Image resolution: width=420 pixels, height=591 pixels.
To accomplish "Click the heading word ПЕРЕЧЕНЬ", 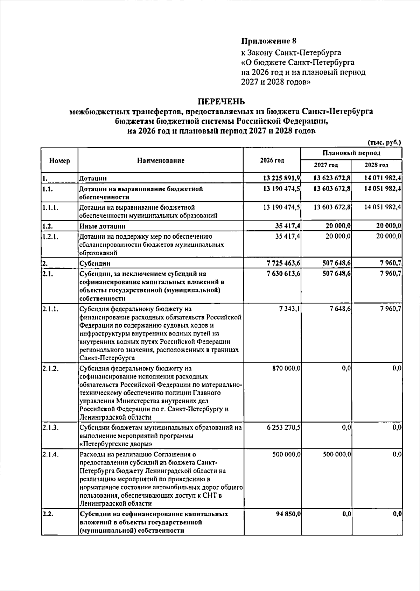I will tap(221, 102).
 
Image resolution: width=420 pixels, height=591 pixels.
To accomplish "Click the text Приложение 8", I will tap(269, 41).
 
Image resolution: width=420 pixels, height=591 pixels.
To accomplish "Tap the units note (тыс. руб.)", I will tap(384, 142).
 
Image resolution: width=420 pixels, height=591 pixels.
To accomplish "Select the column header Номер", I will tap(59, 161).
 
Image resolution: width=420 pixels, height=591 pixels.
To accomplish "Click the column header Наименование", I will tap(161, 161).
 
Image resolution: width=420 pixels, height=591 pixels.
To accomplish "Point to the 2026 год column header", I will tap(272, 161).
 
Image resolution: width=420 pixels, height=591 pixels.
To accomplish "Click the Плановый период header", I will tap(351, 153).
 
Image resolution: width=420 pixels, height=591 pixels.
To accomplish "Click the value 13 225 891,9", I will tap(281, 178).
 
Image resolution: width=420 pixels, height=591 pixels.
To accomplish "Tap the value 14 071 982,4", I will tap(383, 178).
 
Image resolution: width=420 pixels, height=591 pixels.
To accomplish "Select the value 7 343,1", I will tap(290, 309).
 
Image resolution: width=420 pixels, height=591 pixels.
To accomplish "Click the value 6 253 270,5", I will tap(283, 427).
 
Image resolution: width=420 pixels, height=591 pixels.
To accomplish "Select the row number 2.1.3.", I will tap(50, 427).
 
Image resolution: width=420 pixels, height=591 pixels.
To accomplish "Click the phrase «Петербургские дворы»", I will tap(116, 444).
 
